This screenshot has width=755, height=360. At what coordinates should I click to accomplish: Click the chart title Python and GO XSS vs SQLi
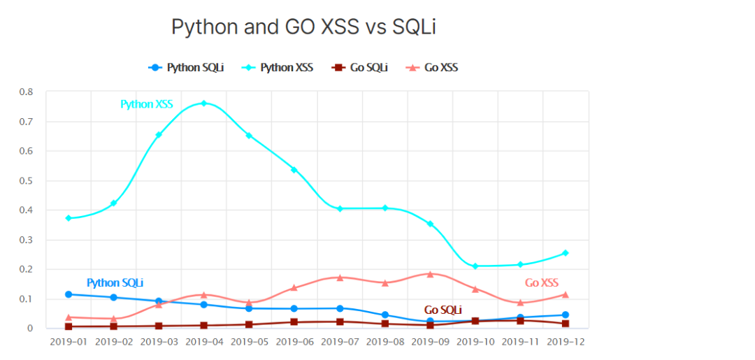tap(304, 27)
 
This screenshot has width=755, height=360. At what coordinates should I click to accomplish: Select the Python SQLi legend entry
tap(187, 68)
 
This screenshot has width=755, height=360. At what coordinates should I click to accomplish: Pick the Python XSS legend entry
tap(278, 68)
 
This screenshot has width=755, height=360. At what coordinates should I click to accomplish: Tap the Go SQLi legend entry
tap(360, 68)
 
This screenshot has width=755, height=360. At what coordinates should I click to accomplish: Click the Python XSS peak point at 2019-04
tap(204, 103)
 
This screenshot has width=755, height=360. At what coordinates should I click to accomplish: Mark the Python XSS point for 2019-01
tap(69, 218)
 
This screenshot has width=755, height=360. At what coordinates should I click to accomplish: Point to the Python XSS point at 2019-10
tap(475, 266)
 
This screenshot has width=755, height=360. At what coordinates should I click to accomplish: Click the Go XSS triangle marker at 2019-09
tap(430, 274)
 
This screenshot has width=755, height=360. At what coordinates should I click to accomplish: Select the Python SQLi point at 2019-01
tap(69, 294)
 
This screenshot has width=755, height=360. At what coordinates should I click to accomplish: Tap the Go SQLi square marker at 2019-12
tap(566, 324)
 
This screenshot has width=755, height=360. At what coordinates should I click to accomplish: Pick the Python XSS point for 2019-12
tap(566, 253)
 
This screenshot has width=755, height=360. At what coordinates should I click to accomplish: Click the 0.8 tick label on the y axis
tap(26, 92)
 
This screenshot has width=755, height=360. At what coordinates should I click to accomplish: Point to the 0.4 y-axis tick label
tap(26, 210)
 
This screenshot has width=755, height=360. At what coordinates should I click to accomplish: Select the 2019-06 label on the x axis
tap(294, 342)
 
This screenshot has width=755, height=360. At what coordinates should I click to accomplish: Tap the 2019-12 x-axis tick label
tap(566, 342)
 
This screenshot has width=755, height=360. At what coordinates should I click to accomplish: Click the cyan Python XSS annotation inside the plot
tap(147, 104)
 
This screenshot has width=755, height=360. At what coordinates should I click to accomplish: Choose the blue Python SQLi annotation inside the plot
tap(115, 283)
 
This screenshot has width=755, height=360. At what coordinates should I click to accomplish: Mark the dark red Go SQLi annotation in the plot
tap(443, 310)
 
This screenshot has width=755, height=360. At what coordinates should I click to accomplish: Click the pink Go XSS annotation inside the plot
tap(542, 283)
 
